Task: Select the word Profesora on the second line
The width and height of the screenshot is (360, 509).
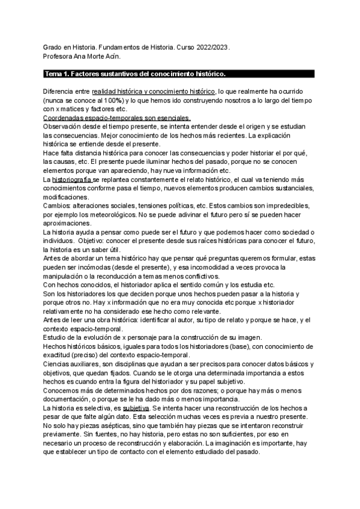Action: (x=60, y=56)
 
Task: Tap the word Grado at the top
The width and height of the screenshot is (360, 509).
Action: (x=55, y=47)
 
